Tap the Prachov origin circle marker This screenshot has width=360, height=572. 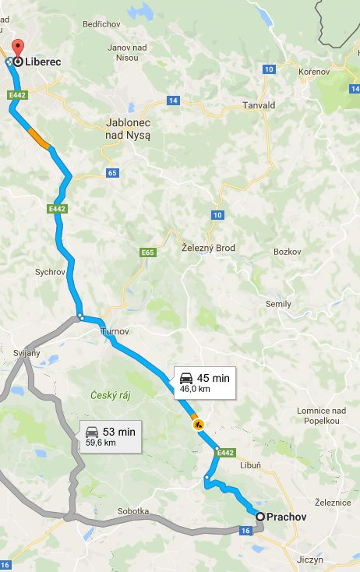(260, 516)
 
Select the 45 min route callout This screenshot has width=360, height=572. (205, 382)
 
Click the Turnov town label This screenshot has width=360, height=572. (113, 331)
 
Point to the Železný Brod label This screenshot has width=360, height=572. (208, 248)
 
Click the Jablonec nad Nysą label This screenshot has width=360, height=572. (128, 129)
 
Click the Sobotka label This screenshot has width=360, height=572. (132, 511)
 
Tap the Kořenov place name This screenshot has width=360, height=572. (315, 71)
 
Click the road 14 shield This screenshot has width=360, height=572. (173, 101)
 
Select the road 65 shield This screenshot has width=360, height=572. (113, 172)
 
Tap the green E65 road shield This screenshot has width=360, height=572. (148, 252)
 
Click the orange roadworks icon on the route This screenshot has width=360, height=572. (198, 424)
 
